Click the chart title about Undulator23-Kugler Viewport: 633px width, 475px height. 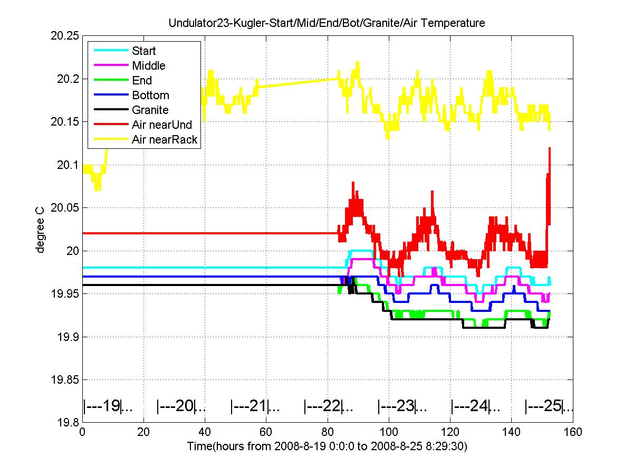tap(327, 23)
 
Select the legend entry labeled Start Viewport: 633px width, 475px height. tap(143, 51)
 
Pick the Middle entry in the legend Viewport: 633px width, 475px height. tap(149, 65)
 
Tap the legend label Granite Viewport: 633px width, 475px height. tap(150, 110)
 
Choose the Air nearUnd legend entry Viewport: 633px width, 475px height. tap(162, 125)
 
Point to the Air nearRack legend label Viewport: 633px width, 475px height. tap(165, 139)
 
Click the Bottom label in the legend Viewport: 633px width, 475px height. tap(150, 95)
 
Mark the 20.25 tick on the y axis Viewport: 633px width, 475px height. tap(64, 36)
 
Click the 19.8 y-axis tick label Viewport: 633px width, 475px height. tap(68, 423)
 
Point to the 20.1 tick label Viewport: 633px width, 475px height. tap(68, 165)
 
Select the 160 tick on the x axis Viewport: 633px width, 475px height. tap(572, 432)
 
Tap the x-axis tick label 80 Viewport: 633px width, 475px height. tap(328, 432)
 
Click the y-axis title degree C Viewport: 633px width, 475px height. tap(40, 230)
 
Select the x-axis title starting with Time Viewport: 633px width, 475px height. tap(327, 446)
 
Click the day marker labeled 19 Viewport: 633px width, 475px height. tap(108, 406)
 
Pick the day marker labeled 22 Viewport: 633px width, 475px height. tap(329, 406)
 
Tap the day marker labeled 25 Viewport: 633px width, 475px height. tap(549, 406)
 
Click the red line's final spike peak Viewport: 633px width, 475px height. tap(549, 148)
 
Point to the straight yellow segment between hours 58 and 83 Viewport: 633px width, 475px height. tap(298, 82)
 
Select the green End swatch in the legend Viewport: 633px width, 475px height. tap(111, 80)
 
